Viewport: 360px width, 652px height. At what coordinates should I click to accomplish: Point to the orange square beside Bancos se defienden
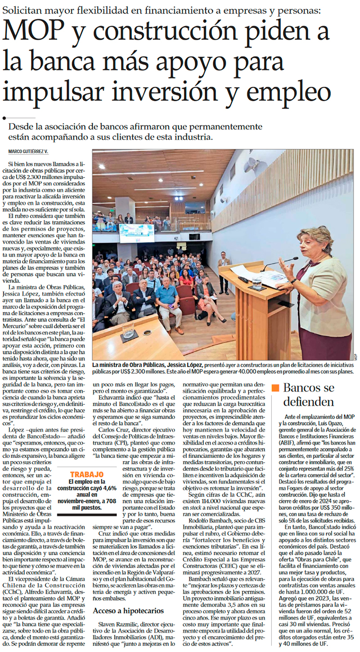point(275,388)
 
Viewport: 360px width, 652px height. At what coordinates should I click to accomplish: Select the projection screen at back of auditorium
point(136,232)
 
